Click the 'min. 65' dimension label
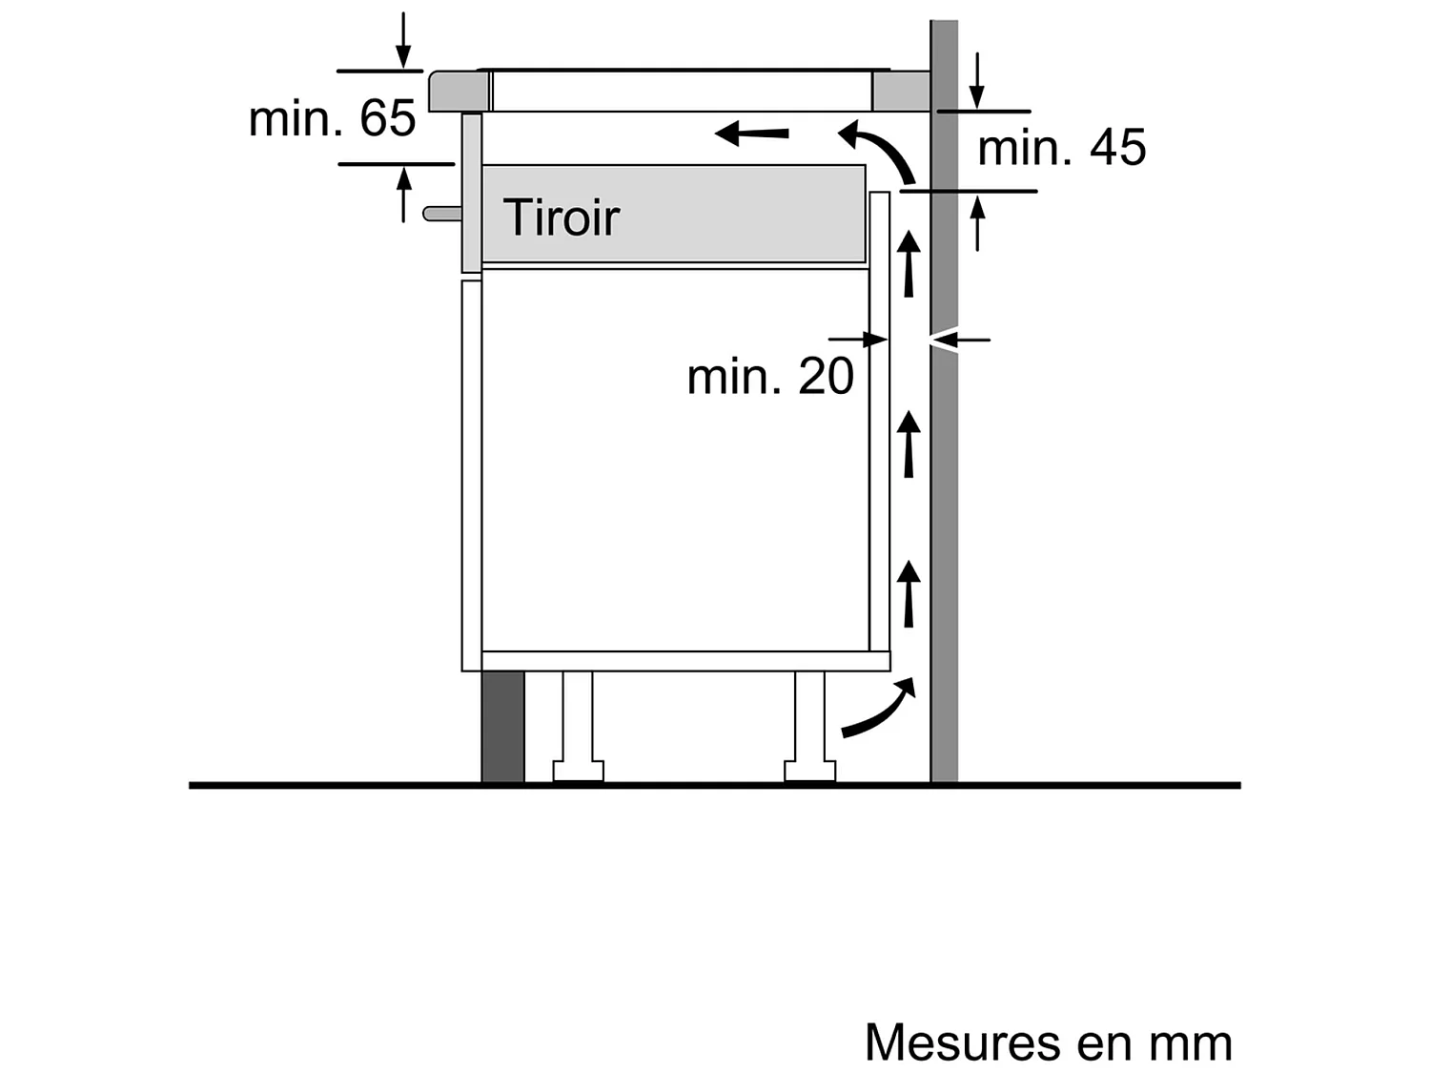coord(332,118)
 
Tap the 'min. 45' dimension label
coord(1061,148)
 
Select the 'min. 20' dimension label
coord(769,377)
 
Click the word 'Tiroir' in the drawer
coord(561,217)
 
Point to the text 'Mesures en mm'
coord(1048,1042)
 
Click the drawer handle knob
coord(441,214)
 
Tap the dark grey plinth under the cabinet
coord(502,726)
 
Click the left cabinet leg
coord(578,725)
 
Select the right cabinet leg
coord(810,725)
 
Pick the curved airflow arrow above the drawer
coord(878,148)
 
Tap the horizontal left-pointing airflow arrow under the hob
coord(752,133)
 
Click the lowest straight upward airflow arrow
coord(909,593)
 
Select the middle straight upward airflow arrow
coord(909,444)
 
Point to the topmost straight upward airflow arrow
coord(909,263)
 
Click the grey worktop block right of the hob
coord(901,92)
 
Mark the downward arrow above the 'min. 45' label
coord(976,82)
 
